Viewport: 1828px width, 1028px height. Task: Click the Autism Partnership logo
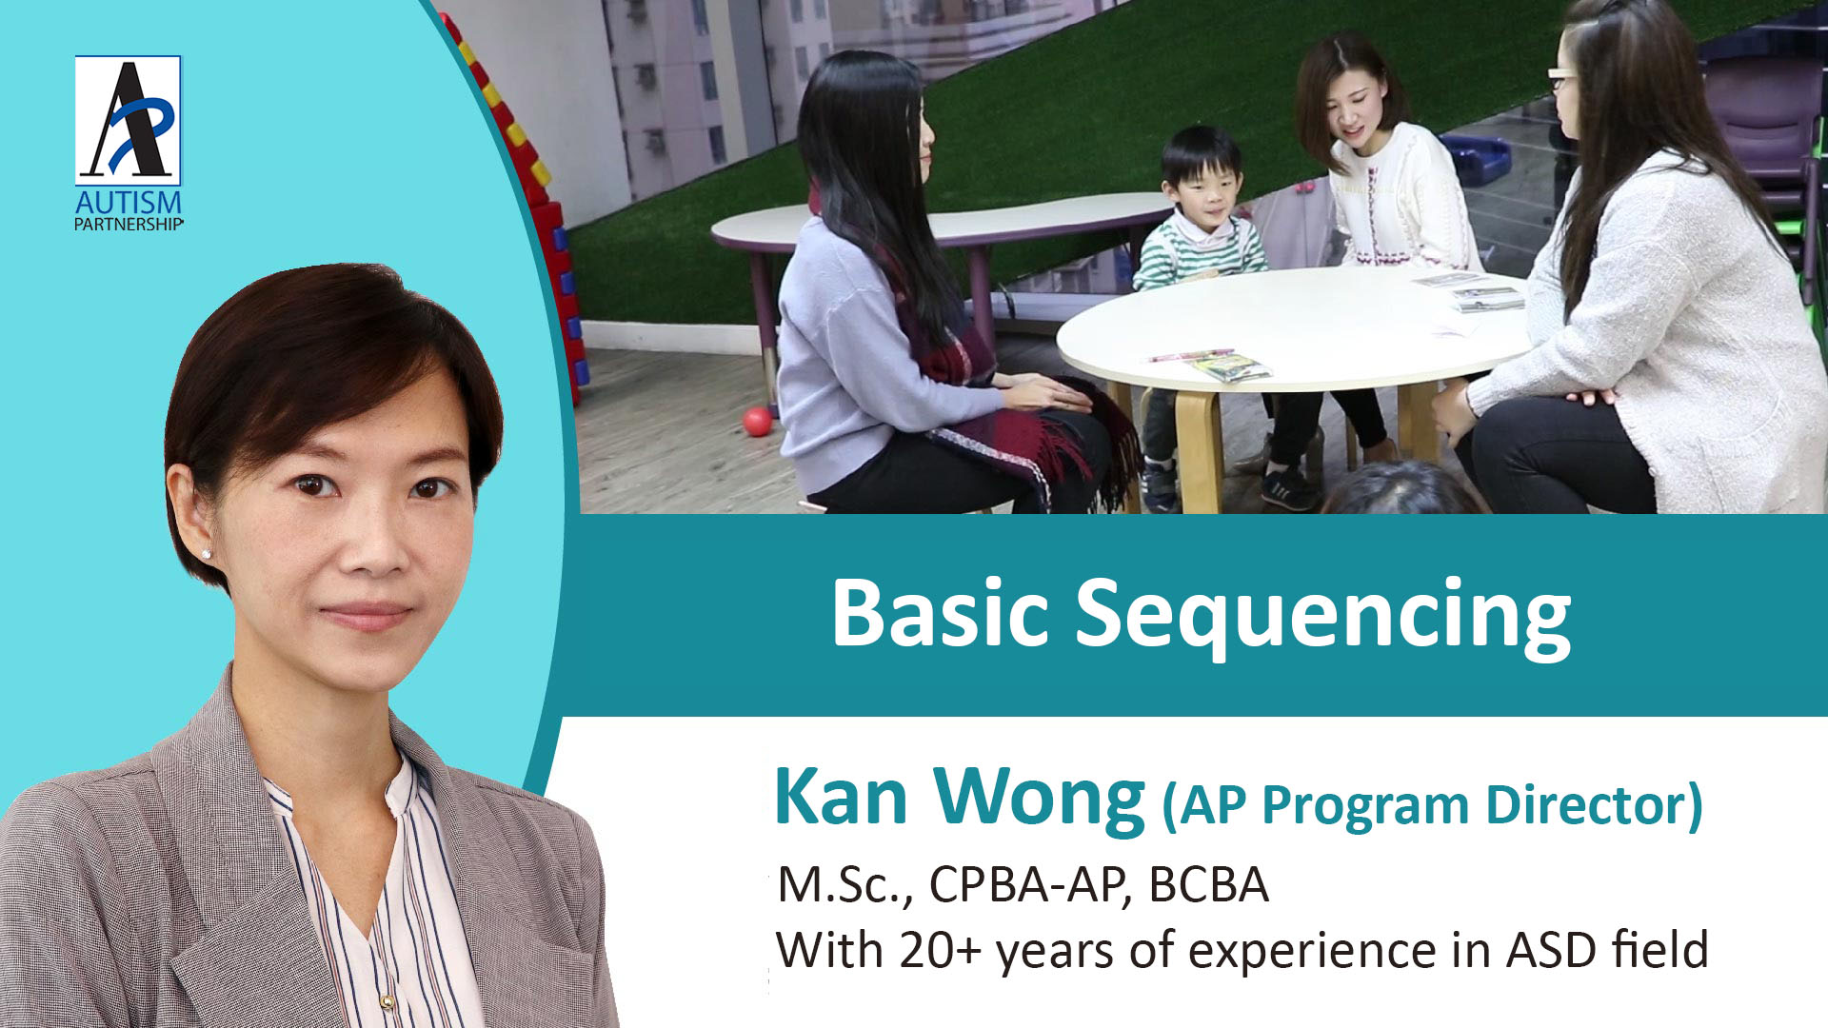point(129,143)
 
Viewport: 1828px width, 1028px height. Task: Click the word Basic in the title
point(941,614)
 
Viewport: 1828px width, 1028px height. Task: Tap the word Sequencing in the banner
point(1323,619)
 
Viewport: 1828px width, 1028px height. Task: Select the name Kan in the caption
point(842,798)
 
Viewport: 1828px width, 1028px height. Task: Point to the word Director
point(1594,805)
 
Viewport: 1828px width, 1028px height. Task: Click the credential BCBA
point(1209,885)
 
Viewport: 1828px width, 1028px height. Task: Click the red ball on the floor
point(758,421)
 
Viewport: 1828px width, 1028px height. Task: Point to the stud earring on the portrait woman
point(207,553)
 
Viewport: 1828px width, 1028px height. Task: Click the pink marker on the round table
point(1190,356)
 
